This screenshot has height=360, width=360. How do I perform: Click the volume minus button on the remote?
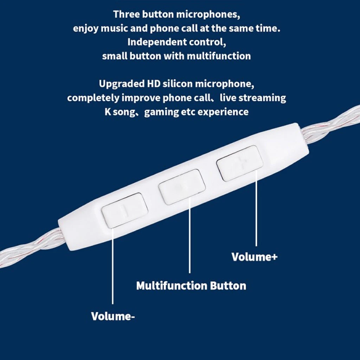click(125, 211)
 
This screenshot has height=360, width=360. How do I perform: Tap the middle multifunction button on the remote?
click(182, 187)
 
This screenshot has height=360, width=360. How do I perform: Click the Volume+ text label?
click(255, 257)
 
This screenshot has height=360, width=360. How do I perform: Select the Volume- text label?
click(113, 316)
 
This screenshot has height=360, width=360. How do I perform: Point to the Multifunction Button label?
click(191, 285)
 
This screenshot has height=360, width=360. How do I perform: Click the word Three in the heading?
click(127, 14)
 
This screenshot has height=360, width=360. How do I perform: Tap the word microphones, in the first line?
click(208, 14)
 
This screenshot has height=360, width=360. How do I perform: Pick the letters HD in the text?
click(154, 84)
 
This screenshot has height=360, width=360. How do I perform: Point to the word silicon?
click(178, 84)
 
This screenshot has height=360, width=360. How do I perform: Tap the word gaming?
click(161, 112)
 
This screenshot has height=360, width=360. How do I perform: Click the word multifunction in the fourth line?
click(219, 56)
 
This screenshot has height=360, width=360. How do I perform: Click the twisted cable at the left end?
click(30, 248)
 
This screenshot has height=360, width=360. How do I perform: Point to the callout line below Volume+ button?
click(256, 207)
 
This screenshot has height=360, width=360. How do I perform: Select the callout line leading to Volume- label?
click(112, 266)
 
